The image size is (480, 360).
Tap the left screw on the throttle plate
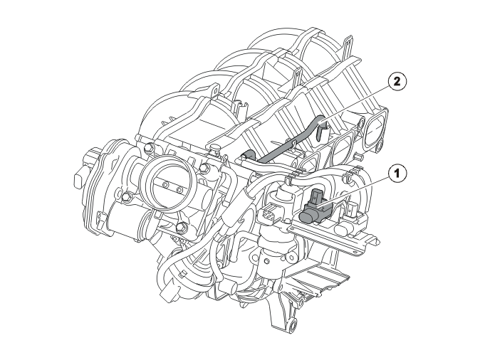[x=166, y=185]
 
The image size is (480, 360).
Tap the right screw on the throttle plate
[x=179, y=191]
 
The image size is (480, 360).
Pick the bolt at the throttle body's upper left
[x=149, y=149]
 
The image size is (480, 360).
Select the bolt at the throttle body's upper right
[x=204, y=168]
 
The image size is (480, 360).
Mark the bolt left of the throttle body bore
[x=126, y=196]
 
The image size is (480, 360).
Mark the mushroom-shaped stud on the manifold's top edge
[x=215, y=149]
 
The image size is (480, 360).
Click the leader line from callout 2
[x=353, y=105]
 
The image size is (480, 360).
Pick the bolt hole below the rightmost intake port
[x=380, y=144]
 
